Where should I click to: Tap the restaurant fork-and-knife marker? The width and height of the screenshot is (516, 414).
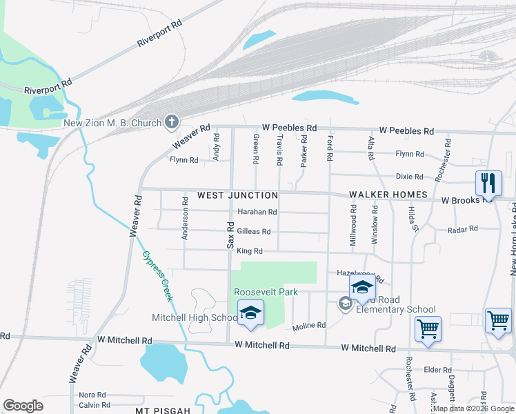click(488, 184)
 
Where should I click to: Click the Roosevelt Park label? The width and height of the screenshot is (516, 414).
click(266, 292)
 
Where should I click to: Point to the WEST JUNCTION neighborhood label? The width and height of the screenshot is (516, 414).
click(228, 195)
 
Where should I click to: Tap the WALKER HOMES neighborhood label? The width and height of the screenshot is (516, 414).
click(388, 195)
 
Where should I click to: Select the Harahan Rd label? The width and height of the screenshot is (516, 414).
click(257, 213)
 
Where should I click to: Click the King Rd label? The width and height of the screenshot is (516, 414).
click(249, 251)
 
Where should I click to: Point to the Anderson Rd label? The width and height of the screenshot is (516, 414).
click(185, 219)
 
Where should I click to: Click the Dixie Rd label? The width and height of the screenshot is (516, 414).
click(409, 177)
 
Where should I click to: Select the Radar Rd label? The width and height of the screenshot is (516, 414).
click(462, 229)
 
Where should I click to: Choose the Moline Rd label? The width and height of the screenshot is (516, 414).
click(308, 326)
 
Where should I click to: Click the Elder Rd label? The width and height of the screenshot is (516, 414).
click(437, 370)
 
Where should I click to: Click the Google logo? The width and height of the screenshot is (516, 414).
click(23, 406)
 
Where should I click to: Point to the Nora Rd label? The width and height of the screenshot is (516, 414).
click(92, 395)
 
